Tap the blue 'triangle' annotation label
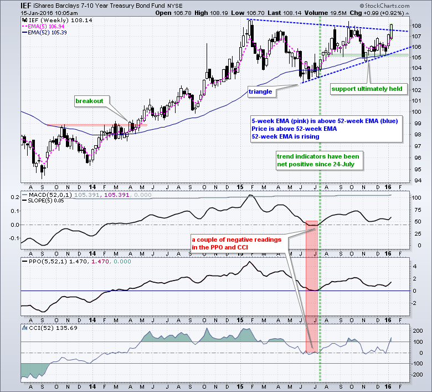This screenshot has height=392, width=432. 260,91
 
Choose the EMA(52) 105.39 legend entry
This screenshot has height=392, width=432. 43,32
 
